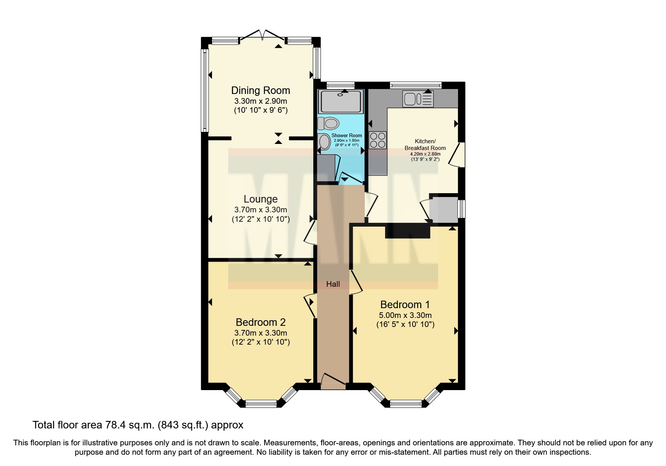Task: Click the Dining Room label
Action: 260,91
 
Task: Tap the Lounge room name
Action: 260,199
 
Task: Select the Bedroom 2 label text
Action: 260,322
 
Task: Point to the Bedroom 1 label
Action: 405,305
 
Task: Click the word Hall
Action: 333,284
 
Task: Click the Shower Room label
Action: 346,135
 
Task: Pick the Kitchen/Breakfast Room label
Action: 425,145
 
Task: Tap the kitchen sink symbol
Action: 418,99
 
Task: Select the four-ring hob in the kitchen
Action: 378,140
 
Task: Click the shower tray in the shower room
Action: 341,101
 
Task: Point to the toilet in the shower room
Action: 328,123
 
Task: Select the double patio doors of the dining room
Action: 262,36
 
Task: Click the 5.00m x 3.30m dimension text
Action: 405,315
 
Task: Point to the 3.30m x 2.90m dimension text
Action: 260,101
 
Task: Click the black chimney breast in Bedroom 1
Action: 407,231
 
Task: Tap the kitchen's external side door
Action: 460,154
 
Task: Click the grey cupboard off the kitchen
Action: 444,209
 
